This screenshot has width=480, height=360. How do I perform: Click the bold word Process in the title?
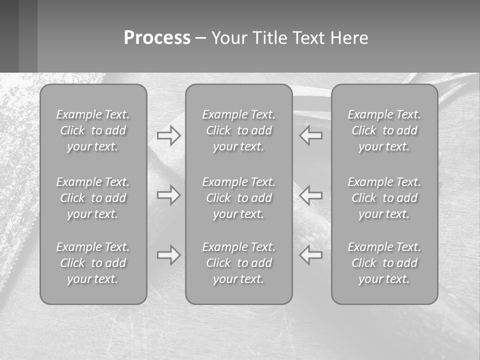click(x=157, y=38)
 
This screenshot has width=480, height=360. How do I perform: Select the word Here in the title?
click(x=349, y=38)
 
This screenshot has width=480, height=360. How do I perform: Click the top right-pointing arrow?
click(x=168, y=135)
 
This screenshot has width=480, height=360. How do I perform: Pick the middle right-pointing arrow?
click(x=168, y=195)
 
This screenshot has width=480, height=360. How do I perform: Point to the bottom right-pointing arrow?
click(x=168, y=255)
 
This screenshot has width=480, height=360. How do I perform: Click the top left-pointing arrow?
click(x=311, y=135)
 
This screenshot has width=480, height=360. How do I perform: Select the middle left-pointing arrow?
click(x=311, y=195)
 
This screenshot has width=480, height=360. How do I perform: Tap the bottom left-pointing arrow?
click(x=311, y=255)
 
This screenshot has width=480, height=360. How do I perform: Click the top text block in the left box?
click(x=93, y=130)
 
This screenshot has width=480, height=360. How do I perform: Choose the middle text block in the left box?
click(x=93, y=198)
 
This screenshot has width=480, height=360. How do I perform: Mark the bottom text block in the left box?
click(x=93, y=263)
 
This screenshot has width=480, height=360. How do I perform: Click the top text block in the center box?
click(x=238, y=130)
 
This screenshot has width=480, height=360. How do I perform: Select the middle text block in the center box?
click(x=238, y=198)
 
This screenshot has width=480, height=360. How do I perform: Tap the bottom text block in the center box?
click(x=238, y=263)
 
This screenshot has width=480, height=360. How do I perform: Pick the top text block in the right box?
click(x=384, y=130)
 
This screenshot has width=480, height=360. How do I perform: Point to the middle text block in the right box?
click(x=384, y=198)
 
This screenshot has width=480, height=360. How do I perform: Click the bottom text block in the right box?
click(x=384, y=263)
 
